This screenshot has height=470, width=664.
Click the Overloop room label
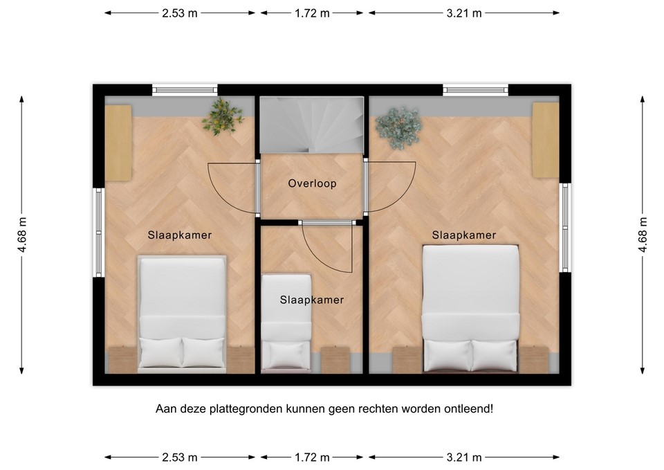(x=312, y=184)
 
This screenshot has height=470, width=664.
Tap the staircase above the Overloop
(x=312, y=125)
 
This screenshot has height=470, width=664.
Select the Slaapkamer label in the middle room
(x=312, y=300)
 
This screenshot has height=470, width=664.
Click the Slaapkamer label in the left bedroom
(x=180, y=235)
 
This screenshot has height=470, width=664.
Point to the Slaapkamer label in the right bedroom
(x=464, y=235)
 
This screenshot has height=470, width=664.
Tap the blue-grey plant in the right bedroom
(x=398, y=128)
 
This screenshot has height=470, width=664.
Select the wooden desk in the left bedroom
(x=118, y=143)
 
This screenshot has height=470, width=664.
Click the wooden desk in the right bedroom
(x=546, y=139)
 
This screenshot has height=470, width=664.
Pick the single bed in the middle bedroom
(x=286, y=322)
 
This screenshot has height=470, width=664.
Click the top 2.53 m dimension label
(x=180, y=12)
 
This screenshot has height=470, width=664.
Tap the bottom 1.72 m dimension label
(x=312, y=457)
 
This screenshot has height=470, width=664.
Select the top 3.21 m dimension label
(x=463, y=12)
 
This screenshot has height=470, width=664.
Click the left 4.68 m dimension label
(x=22, y=235)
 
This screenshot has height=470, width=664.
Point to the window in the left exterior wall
(x=99, y=233)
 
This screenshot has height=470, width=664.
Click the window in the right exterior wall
(x=565, y=227)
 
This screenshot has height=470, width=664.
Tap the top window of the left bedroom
(x=185, y=89)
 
